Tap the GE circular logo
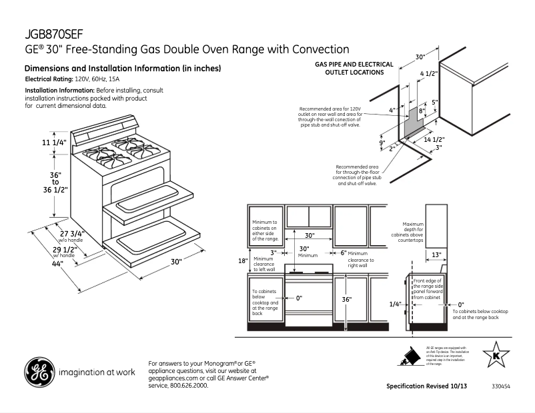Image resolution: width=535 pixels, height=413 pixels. click(39, 372)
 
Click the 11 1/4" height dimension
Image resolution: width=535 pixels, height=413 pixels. click(55, 143)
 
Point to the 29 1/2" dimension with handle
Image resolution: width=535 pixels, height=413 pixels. click(65, 250)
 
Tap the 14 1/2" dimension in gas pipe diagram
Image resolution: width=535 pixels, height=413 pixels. click(434, 139)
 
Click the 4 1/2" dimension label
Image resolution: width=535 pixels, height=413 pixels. click(428, 73)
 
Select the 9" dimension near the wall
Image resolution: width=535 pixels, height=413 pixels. click(382, 143)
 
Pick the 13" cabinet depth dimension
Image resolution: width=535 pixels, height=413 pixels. click(436, 254)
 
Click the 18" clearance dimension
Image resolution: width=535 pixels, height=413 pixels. click(243, 260)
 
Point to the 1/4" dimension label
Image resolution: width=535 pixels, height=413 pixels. click(396, 304)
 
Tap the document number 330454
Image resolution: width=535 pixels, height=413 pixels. click(501, 386)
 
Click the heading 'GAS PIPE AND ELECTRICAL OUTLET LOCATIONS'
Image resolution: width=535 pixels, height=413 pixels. click(354, 69)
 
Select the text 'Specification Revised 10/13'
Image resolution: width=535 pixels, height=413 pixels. click(427, 386)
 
